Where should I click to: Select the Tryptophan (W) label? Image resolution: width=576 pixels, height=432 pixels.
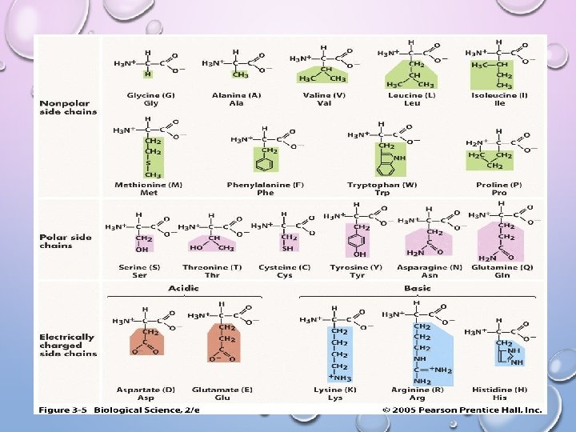pos(382,185)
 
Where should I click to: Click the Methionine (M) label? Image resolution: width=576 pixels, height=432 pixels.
pos(148,185)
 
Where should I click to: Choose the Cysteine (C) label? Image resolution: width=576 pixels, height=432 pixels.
pos(284,267)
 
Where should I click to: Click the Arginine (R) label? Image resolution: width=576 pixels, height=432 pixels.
pos(416,390)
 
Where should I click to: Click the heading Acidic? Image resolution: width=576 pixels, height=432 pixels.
pos(184,287)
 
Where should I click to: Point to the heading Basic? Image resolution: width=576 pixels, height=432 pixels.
pos(418,287)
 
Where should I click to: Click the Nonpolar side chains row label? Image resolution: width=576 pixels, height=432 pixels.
pos(67,107)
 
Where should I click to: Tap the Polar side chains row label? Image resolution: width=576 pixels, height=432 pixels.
pos(66,241)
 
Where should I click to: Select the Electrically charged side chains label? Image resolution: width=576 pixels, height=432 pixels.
pos(68,345)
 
